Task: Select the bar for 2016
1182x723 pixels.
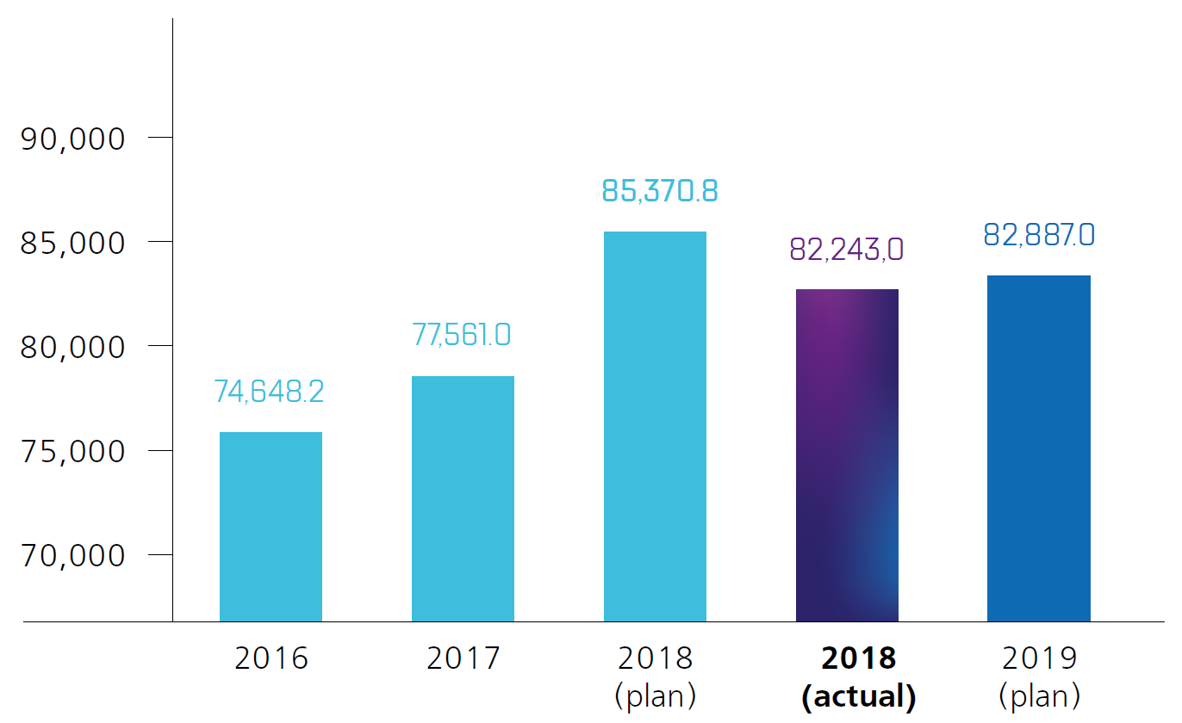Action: (271, 526)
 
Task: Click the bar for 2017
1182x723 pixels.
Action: (463, 498)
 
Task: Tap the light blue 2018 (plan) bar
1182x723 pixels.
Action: (655, 426)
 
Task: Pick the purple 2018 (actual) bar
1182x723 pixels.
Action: (847, 455)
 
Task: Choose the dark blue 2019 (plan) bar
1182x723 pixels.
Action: (1038, 448)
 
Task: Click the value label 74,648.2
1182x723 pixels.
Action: (269, 392)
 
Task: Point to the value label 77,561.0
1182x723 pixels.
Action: (462, 334)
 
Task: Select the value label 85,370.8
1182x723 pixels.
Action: (659, 190)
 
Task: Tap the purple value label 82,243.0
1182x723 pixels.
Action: (846, 249)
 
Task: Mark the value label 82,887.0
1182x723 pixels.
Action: (1039, 234)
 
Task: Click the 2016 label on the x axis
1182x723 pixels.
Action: (271, 658)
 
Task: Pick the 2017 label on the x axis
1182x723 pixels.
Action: (463, 658)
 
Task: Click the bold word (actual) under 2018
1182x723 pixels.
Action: (858, 696)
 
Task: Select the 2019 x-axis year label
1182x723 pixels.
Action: (1039, 658)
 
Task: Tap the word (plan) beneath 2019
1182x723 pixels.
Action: (1039, 695)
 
